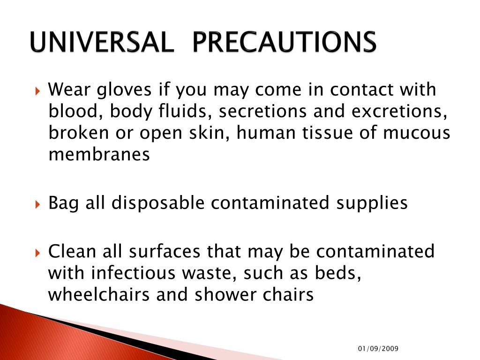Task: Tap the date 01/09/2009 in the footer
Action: (378, 348)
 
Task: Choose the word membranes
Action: (99, 154)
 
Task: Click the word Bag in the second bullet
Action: (64, 203)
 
